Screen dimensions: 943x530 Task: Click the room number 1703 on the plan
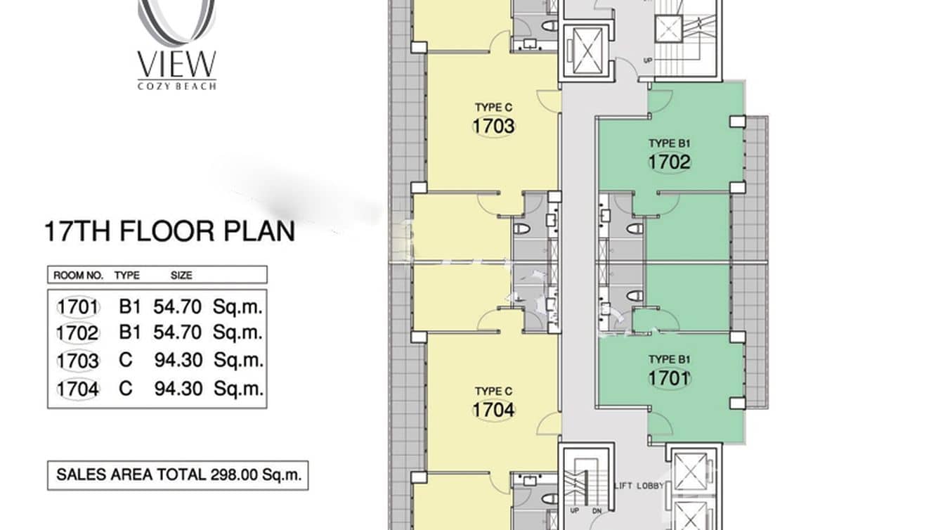click(x=493, y=127)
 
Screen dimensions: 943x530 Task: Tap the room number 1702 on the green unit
click(x=670, y=162)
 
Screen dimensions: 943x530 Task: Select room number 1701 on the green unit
click(x=670, y=378)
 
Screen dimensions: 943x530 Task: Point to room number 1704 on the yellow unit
click(x=493, y=410)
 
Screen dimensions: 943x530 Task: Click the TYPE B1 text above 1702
click(x=670, y=143)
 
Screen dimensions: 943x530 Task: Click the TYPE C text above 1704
click(x=493, y=391)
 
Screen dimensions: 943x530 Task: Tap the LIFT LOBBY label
click(x=639, y=486)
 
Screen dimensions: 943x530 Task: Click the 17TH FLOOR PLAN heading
click(x=169, y=231)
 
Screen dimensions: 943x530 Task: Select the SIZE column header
click(x=181, y=276)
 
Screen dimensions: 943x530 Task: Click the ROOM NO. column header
click(x=78, y=276)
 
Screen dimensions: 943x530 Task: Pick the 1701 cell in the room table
click(x=78, y=307)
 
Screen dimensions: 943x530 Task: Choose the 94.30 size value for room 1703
click(x=178, y=360)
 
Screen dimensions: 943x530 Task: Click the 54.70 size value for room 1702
click(x=177, y=332)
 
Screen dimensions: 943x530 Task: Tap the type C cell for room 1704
click(x=126, y=388)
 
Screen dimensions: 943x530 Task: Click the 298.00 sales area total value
click(x=234, y=475)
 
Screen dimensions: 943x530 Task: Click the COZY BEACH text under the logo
click(x=177, y=86)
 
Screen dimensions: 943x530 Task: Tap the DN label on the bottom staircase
click(x=597, y=510)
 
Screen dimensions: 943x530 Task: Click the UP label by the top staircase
click(x=647, y=60)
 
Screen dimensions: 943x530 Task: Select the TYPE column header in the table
click(x=127, y=276)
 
